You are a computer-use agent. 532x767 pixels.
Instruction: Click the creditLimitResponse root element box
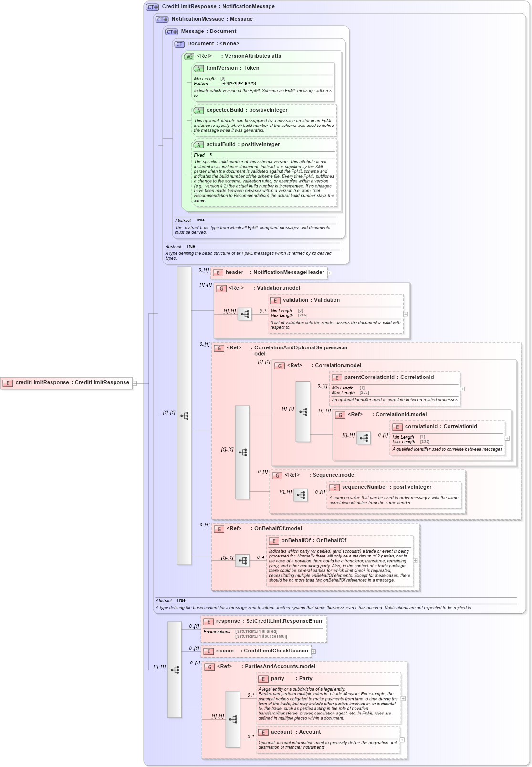(x=67, y=383)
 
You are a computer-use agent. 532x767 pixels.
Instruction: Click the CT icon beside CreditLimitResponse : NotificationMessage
(x=153, y=7)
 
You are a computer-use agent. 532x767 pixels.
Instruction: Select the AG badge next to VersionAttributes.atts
(x=189, y=56)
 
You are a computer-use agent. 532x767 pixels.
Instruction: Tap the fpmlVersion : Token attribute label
(x=232, y=68)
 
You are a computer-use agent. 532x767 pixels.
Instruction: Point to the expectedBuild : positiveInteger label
(x=247, y=110)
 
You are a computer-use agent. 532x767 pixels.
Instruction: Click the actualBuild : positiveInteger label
(x=243, y=145)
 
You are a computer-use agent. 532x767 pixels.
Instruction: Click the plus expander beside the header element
(x=330, y=273)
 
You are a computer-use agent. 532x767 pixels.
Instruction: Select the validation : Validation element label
(x=311, y=300)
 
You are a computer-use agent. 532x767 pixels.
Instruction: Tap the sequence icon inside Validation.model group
(x=245, y=314)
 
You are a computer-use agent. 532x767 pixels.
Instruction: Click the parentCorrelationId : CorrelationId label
(x=389, y=378)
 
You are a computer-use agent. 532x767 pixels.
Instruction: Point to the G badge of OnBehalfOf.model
(x=219, y=529)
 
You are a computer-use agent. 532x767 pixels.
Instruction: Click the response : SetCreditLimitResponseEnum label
(x=270, y=621)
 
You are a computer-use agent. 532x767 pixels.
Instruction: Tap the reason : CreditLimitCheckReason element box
(x=256, y=651)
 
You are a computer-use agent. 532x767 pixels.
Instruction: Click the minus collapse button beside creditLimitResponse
(x=135, y=383)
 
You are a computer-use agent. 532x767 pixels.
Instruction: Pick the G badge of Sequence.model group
(x=277, y=475)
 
